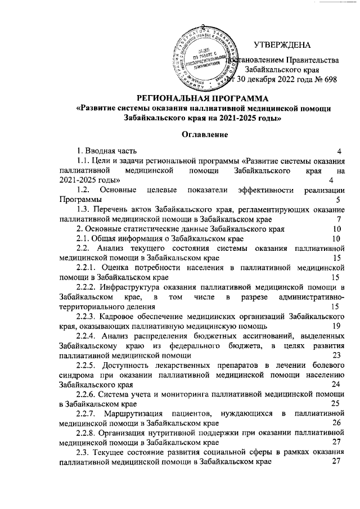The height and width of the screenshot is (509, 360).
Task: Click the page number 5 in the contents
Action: (336, 199)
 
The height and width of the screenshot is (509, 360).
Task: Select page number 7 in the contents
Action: (336, 219)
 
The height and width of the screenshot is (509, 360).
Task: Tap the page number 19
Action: (336, 326)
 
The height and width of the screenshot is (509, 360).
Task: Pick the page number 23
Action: (336, 355)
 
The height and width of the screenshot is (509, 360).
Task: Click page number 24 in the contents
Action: (336, 384)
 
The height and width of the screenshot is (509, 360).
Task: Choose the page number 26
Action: (336, 423)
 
